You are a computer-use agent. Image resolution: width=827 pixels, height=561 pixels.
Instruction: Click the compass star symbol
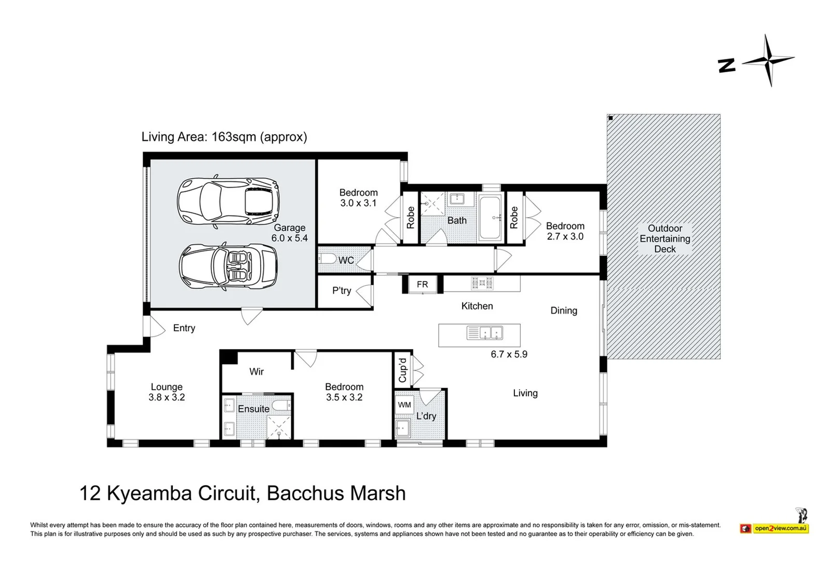point(768,61)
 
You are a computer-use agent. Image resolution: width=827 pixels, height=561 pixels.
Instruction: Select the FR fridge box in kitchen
point(423,285)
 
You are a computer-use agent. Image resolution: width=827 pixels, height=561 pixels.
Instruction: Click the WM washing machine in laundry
point(404,405)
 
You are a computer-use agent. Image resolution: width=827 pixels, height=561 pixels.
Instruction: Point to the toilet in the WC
point(328,259)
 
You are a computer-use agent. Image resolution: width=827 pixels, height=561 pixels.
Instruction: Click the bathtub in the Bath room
point(490,218)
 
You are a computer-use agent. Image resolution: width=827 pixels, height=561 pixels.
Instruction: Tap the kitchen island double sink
point(485,332)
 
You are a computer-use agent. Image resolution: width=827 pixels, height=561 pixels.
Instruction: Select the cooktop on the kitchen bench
point(482,283)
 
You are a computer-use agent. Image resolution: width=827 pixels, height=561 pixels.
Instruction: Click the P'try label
point(342,291)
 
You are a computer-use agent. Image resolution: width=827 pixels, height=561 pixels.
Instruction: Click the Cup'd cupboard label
point(402,370)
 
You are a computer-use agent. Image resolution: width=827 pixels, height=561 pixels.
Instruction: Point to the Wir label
point(256,372)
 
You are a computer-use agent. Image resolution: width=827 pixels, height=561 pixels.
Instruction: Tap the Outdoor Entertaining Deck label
point(665,239)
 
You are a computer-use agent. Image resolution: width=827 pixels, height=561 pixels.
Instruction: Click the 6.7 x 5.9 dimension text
point(509,354)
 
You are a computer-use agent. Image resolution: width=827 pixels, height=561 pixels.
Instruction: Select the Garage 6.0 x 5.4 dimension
point(289,238)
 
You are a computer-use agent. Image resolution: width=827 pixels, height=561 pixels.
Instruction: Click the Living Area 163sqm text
point(224,137)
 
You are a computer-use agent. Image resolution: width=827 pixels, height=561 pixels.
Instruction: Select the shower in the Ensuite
point(279,427)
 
